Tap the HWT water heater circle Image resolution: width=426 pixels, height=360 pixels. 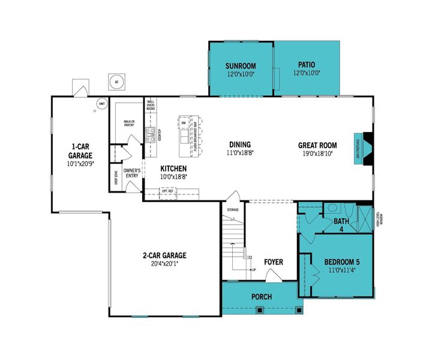pos(102,103)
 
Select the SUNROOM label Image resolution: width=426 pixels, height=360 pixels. pos(240,66)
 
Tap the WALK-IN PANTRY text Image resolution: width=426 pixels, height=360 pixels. pos(129,123)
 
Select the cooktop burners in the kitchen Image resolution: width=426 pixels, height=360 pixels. pos(151,135)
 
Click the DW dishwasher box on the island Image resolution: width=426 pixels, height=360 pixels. pos(184,123)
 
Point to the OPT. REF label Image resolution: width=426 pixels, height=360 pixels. pos(167,191)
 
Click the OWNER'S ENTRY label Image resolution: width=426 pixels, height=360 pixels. pos(132,173)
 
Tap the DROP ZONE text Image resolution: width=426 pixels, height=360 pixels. pos(115,178)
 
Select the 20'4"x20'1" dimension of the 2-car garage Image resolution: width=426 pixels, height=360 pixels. pos(164,263)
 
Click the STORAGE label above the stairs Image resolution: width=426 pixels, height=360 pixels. pos(233,209)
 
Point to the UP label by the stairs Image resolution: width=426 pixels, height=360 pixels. pos(253,270)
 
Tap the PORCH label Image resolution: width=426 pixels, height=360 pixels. pos(262,297)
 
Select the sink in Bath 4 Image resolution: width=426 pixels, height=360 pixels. pos(331,209)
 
